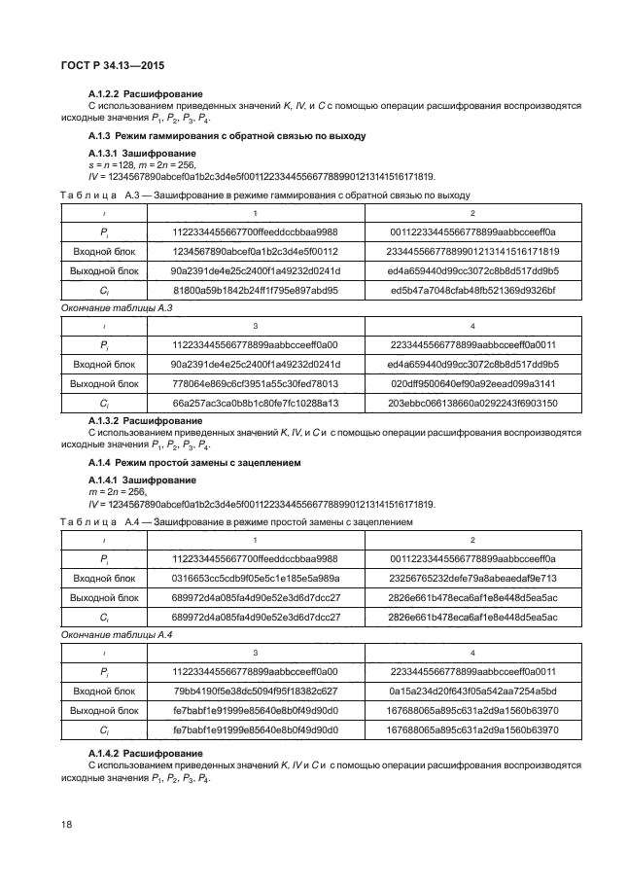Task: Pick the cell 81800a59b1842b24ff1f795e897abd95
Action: point(255,290)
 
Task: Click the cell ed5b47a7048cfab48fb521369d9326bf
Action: point(472,290)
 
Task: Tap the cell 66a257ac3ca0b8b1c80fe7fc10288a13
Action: point(255,403)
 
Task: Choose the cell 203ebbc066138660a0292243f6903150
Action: point(472,403)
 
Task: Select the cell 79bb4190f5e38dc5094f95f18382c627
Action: point(255,692)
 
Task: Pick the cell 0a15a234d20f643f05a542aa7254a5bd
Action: point(472,692)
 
